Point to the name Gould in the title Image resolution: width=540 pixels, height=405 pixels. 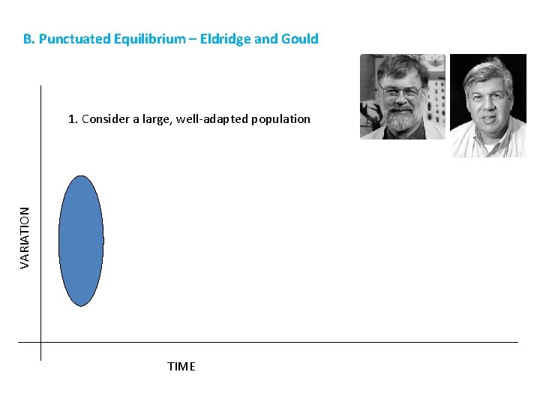299,39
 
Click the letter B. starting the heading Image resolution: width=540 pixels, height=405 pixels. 28,39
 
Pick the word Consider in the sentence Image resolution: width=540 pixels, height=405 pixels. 105,118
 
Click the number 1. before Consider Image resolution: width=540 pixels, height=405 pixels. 72,118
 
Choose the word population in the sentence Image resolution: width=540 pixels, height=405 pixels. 280,118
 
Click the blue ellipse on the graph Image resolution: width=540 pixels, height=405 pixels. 80,241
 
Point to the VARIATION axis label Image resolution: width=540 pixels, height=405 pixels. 25,238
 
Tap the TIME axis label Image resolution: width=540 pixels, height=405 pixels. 181,367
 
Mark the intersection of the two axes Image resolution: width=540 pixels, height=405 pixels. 41,343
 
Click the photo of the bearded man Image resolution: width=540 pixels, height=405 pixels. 402,96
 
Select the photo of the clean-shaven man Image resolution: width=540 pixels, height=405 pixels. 487,105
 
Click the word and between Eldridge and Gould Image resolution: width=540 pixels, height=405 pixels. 265,39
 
